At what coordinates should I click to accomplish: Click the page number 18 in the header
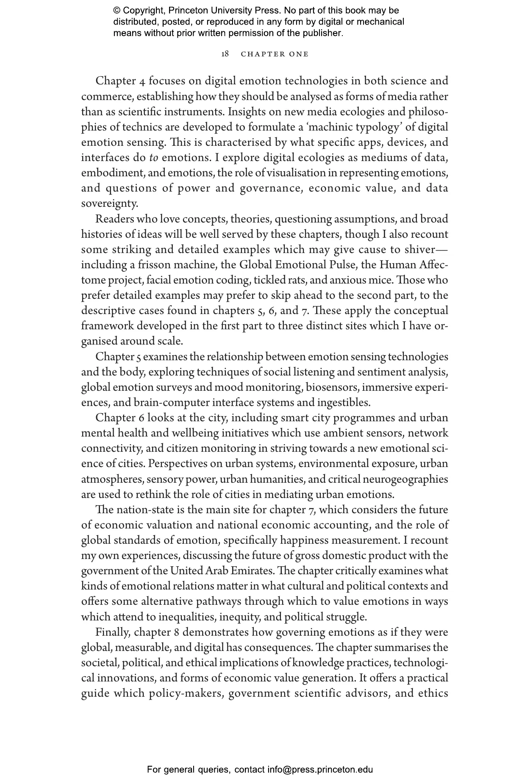click(x=225, y=54)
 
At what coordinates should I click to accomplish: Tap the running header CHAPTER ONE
click(x=275, y=54)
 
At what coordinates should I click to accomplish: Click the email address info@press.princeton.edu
click(x=320, y=769)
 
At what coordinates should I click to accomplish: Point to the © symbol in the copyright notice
click(x=117, y=11)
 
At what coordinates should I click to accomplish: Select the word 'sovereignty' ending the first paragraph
click(x=109, y=204)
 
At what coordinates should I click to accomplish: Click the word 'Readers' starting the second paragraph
click(x=111, y=219)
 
